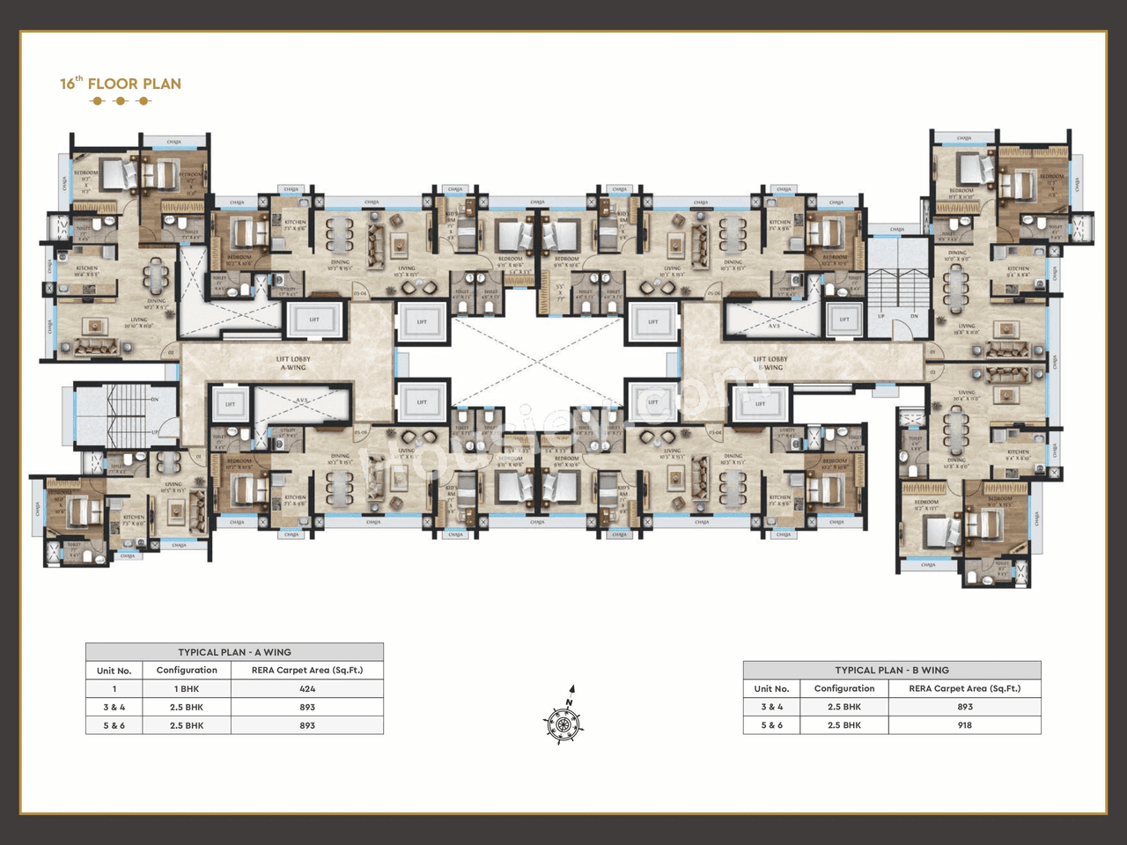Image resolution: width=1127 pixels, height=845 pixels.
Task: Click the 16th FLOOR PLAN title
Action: point(120,84)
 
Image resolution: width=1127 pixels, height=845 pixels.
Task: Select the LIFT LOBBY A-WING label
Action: point(293,363)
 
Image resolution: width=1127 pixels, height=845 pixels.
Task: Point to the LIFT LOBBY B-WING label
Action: point(770,363)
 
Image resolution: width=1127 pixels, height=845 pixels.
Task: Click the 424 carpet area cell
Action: point(306,689)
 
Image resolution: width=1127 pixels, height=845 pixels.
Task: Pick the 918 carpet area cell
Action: point(964,725)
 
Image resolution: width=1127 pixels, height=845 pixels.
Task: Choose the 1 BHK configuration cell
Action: point(187,689)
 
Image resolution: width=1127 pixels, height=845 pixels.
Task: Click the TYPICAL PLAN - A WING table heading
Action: point(234,652)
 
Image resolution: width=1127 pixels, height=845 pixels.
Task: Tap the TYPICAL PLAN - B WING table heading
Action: point(891,670)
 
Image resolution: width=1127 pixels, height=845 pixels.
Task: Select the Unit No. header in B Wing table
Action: point(770,688)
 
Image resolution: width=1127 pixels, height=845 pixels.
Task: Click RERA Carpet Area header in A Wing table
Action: point(306,670)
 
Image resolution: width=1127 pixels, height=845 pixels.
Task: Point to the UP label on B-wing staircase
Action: point(880,316)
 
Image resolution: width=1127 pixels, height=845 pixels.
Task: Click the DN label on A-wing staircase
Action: point(155,399)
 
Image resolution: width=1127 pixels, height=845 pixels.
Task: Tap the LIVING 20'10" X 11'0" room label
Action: point(139,323)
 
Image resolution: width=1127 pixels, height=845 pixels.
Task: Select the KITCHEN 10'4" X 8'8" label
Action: point(86,271)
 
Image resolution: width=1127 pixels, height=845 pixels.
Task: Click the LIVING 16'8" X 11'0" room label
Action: point(967,328)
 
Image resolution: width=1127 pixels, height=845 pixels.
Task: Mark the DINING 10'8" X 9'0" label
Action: point(956,462)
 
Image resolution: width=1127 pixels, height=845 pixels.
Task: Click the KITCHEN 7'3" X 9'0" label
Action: point(134,520)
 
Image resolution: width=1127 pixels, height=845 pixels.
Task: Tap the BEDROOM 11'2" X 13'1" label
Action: point(925,505)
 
